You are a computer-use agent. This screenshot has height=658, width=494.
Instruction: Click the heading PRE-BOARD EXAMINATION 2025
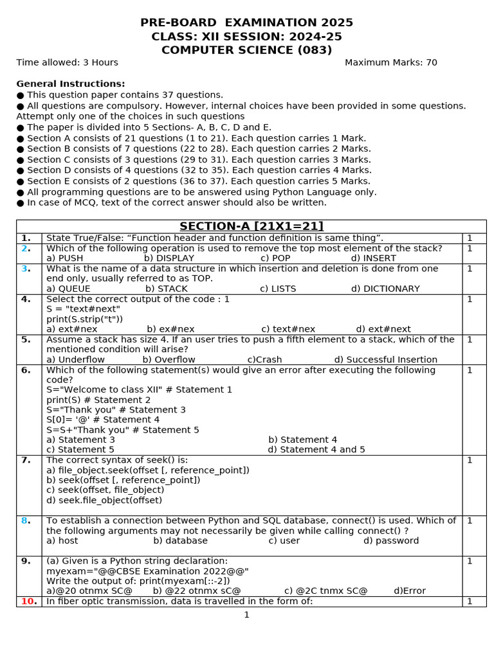pyautogui.click(x=246, y=23)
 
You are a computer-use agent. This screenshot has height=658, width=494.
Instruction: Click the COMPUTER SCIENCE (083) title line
pyautogui.click(x=246, y=50)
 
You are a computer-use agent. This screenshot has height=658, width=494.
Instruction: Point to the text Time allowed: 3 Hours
pyautogui.click(x=68, y=62)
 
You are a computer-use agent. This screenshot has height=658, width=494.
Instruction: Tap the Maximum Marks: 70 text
pyautogui.click(x=390, y=62)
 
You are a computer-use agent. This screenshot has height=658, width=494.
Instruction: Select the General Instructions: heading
pyautogui.click(x=71, y=84)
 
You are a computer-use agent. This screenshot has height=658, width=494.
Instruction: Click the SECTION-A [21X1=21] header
pyautogui.click(x=251, y=226)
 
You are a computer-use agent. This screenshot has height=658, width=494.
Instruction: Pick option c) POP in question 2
pyautogui.click(x=275, y=258)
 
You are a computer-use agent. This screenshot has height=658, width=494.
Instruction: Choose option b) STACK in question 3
pyautogui.click(x=165, y=289)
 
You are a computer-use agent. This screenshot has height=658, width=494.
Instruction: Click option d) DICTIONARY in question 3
pyautogui.click(x=385, y=289)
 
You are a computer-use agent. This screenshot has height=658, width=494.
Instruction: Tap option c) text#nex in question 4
pyautogui.click(x=288, y=329)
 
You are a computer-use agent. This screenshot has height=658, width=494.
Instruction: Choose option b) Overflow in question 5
pyautogui.click(x=169, y=360)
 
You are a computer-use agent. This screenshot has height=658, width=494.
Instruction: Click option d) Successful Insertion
pyautogui.click(x=385, y=360)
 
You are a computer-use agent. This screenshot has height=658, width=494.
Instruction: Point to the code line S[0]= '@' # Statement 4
pyautogui.click(x=103, y=420)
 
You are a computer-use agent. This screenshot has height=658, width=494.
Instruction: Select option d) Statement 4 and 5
pyautogui.click(x=316, y=450)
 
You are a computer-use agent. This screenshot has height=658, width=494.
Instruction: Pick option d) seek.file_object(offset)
pyautogui.click(x=104, y=500)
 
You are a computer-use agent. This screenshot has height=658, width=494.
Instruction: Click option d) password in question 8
pyautogui.click(x=390, y=541)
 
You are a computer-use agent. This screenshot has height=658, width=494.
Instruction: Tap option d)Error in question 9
pyautogui.click(x=409, y=591)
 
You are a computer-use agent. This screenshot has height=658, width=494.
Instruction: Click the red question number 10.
pyautogui.click(x=28, y=601)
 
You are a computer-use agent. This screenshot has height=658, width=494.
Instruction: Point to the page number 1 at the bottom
pyautogui.click(x=246, y=615)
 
